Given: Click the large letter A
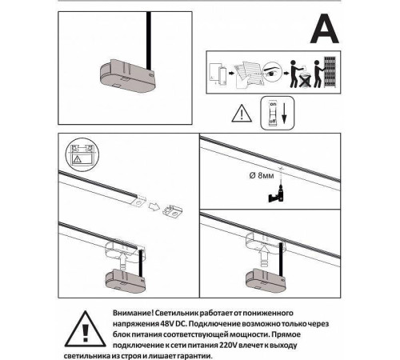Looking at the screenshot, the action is (325, 29).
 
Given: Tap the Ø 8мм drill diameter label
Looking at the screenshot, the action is (262, 175).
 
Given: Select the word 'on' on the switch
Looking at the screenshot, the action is (273, 104).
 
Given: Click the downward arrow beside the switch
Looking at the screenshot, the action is (284, 114).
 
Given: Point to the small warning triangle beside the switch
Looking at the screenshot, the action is (242, 114).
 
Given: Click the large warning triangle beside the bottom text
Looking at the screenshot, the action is (85, 329).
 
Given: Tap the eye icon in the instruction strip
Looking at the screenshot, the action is (272, 70).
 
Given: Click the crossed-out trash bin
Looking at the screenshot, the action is (305, 80).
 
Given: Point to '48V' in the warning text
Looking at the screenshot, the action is (167, 324).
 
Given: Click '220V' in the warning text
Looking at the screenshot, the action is (228, 346).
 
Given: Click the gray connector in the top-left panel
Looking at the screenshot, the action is (127, 76).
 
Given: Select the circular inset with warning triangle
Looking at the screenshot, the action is (82, 154).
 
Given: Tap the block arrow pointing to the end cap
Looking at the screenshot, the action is (154, 206).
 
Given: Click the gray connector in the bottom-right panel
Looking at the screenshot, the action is (266, 281).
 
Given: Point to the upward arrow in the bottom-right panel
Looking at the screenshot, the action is (264, 255).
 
